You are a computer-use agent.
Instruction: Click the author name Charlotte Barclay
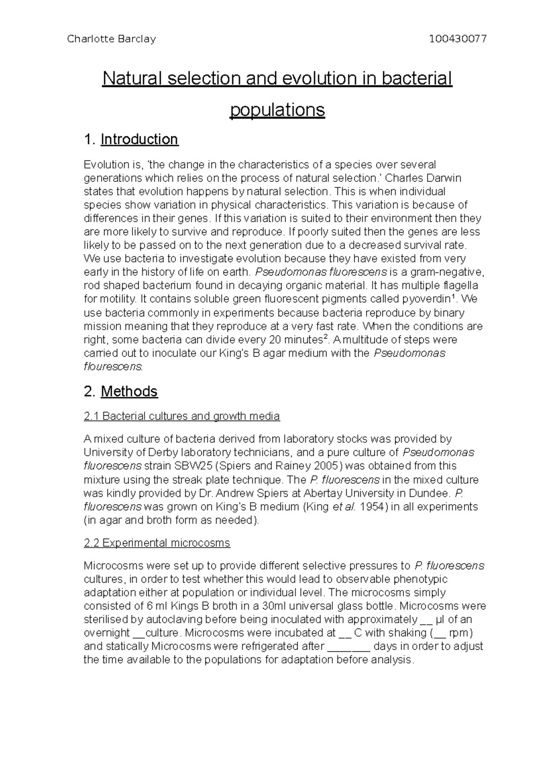111,39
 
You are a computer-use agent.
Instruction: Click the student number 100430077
458,39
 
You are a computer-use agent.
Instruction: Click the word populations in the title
277,110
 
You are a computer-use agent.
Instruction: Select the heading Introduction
139,139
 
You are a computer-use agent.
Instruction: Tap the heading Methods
129,392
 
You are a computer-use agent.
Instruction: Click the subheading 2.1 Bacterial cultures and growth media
181,416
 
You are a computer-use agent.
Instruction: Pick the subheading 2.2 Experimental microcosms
157,543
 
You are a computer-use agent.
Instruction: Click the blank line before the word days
349,647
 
